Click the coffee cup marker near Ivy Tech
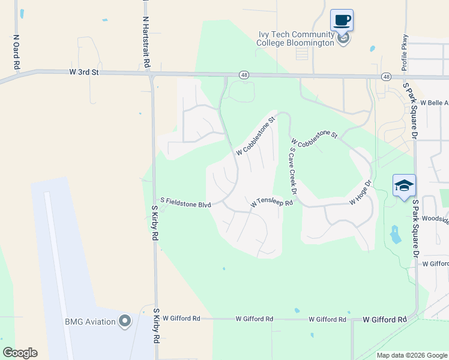pos(342,20)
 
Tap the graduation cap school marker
pos(404,185)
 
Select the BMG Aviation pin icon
pos(125,322)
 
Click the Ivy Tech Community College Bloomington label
pos(295,39)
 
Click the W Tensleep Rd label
pos(271,203)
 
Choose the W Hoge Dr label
pos(360,192)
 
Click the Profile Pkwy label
pos(405,53)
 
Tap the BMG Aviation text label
pos(90,322)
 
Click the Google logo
pos(20,353)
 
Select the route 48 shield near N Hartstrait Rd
pos(243,75)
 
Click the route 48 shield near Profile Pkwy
pos(385,77)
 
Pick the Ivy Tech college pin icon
pos(343,40)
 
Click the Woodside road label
pos(435,220)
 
